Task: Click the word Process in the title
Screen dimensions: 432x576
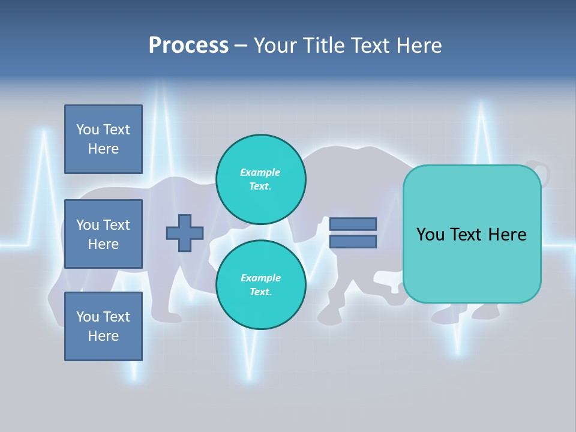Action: (x=188, y=45)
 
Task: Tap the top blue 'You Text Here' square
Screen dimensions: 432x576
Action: (x=103, y=139)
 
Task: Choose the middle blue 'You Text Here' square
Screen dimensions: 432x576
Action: (x=103, y=234)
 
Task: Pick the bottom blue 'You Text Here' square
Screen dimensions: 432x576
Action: (x=103, y=326)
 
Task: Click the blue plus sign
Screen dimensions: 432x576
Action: (x=185, y=233)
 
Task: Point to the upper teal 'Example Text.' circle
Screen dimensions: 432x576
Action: (x=260, y=179)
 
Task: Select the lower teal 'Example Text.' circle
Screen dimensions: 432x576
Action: (x=260, y=285)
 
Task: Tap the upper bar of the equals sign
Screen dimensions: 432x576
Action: (x=353, y=224)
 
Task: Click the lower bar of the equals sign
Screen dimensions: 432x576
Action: (x=353, y=242)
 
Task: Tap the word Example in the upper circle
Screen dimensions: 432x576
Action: (x=260, y=172)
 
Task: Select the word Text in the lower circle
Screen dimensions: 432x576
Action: (x=260, y=292)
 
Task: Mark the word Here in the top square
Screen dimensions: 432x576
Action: (x=103, y=149)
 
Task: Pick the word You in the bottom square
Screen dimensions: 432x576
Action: (x=88, y=317)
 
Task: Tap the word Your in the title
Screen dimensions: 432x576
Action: (x=275, y=45)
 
